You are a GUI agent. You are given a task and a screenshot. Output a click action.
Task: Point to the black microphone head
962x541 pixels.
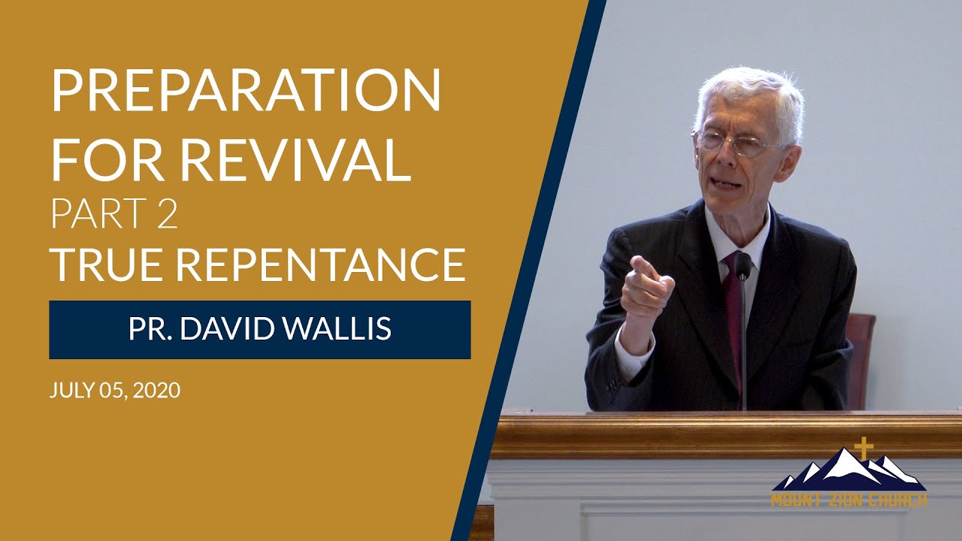743,264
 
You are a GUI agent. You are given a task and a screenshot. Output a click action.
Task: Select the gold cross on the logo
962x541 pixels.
864,449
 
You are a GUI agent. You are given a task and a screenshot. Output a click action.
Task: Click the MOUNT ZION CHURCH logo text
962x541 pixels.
849,500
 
